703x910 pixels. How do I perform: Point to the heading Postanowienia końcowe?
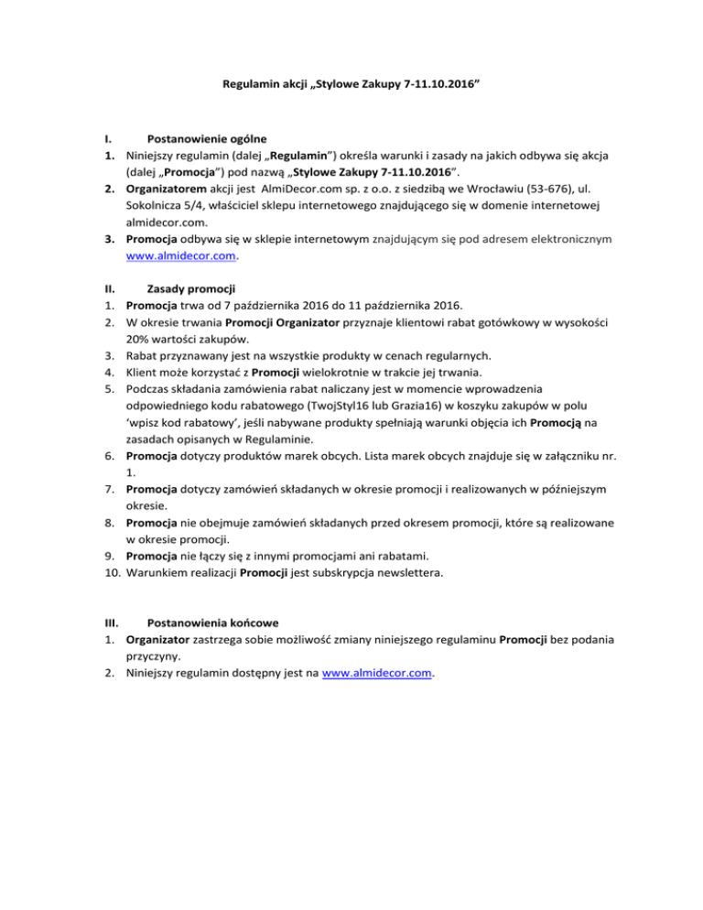tap(213, 620)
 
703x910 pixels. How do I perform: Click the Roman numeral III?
tap(109, 620)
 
